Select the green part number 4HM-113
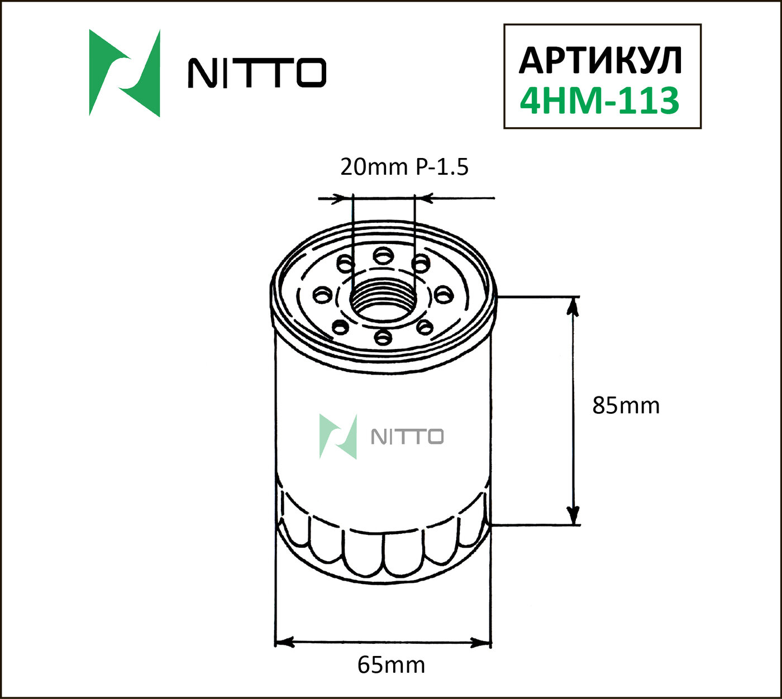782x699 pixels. (599, 100)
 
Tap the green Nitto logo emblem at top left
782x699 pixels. (125, 73)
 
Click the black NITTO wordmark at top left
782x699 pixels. (256, 73)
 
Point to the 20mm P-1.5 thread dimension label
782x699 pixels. (404, 166)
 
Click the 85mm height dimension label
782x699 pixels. (626, 405)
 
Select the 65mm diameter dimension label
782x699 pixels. (391, 665)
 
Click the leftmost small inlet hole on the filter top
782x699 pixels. (322, 294)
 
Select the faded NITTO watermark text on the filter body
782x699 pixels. (407, 437)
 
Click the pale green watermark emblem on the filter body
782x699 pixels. (338, 437)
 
